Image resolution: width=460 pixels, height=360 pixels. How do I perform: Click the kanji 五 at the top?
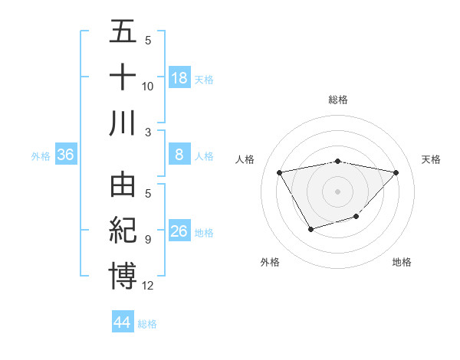(123, 33)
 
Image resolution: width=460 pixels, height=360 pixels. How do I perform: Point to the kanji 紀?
(123, 231)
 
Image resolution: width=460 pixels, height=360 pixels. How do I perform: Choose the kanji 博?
(123, 275)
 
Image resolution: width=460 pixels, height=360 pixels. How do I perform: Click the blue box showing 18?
(179, 77)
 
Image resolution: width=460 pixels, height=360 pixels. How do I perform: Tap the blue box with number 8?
(179, 155)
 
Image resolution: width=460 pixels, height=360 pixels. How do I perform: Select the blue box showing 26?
(179, 231)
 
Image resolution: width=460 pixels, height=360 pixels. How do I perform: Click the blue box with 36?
(66, 155)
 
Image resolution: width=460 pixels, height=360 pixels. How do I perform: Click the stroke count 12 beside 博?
(148, 286)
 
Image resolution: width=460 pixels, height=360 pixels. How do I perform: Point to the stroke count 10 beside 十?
(148, 86)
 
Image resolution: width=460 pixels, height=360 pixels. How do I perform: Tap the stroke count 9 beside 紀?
(147, 241)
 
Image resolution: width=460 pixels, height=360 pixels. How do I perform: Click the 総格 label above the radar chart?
(338, 100)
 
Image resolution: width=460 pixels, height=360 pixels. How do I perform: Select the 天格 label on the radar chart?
(431, 159)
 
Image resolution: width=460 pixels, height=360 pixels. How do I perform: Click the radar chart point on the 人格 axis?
(280, 172)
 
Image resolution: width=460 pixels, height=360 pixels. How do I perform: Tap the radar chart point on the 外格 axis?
(310, 229)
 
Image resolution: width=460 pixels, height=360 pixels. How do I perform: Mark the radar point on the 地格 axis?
(356, 217)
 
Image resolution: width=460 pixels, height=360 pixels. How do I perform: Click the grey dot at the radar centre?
(338, 191)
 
